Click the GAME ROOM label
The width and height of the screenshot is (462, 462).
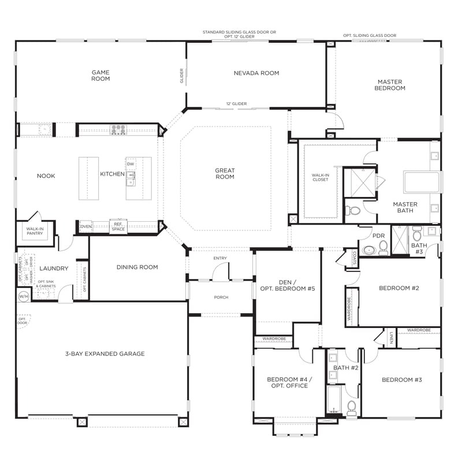pos(100,76)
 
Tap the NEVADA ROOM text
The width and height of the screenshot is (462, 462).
pos(256,73)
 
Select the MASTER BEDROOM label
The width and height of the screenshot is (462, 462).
pos(390,85)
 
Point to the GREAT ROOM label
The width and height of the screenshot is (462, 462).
pos(225,173)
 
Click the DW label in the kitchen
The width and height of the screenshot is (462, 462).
pos(131,164)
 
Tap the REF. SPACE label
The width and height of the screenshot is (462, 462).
pos(118,227)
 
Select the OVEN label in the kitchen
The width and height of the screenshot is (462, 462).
pos(85,227)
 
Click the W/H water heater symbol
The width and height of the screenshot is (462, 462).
pos(24,296)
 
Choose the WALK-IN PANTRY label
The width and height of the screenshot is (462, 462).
pos(35,231)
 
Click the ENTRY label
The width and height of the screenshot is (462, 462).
pos(220,258)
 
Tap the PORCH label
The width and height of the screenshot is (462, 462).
pos(221,297)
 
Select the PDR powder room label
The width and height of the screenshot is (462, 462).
pos(379,236)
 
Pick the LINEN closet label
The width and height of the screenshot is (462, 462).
pos(391,337)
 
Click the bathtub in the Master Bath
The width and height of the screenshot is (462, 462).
pos(421,182)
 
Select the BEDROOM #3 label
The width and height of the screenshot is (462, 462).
pos(401,380)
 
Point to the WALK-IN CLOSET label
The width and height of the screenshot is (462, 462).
pos(320,177)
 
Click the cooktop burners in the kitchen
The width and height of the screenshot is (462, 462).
pos(118,129)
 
